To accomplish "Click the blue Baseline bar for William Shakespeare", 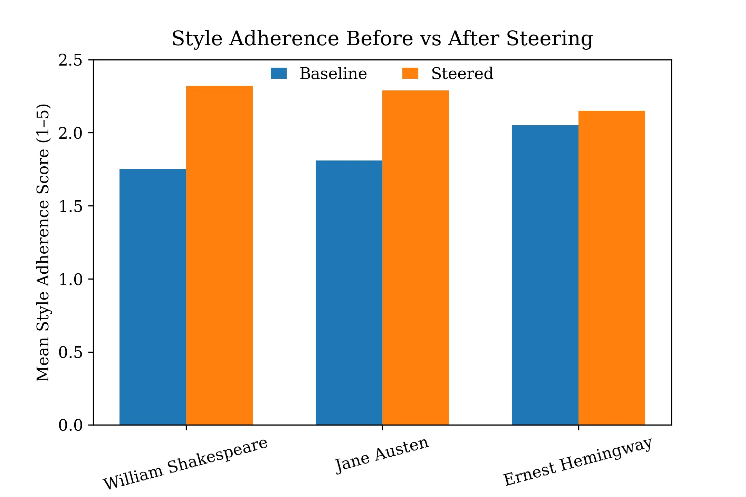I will pyautogui.click(x=153, y=297).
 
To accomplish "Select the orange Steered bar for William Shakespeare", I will pyautogui.click(x=219, y=255).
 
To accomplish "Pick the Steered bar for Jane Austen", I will pyautogui.click(x=415, y=257).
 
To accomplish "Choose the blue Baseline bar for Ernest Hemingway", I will pyautogui.click(x=545, y=275).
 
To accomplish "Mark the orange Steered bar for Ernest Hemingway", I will pyautogui.click(x=612, y=268).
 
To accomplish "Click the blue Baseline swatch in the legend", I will pyautogui.click(x=279, y=73).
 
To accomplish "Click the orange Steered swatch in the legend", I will pyautogui.click(x=410, y=73).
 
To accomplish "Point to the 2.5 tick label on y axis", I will pyautogui.click(x=70, y=60).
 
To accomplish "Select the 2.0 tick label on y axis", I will pyautogui.click(x=70, y=133).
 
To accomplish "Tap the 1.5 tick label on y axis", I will pyautogui.click(x=70, y=206).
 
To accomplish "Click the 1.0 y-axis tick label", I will pyautogui.click(x=70, y=279).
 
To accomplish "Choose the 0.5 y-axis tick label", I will pyautogui.click(x=70, y=352).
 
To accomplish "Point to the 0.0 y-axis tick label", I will pyautogui.click(x=70, y=425).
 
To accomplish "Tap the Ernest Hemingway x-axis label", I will pyautogui.click(x=577, y=461).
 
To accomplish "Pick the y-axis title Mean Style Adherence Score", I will pyautogui.click(x=44, y=242).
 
